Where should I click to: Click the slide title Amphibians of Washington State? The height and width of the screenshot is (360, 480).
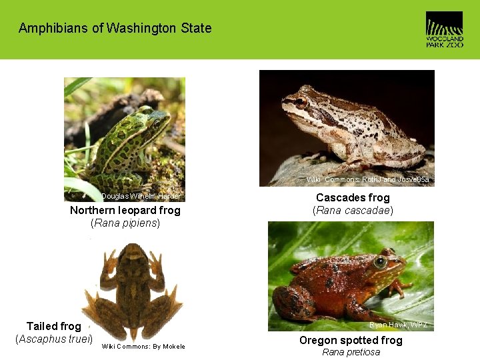click(x=115, y=28)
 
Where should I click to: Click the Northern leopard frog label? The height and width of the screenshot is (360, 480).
click(x=125, y=210)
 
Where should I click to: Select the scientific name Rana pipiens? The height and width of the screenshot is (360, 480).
click(x=125, y=223)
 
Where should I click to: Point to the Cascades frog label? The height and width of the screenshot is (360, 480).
click(x=353, y=197)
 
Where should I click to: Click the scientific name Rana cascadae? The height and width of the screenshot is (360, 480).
click(x=353, y=211)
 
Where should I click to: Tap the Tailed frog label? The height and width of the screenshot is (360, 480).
click(x=53, y=326)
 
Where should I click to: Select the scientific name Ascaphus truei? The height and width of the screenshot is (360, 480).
click(x=53, y=339)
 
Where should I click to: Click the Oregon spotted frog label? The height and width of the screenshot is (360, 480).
click(x=351, y=340)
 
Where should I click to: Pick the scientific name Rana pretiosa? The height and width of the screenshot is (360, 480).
click(x=351, y=352)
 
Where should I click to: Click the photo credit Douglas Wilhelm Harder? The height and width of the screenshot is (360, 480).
click(x=141, y=196)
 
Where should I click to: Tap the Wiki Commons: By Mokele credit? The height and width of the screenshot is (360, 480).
click(x=143, y=346)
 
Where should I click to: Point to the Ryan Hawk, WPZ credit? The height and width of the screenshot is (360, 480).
click(x=399, y=325)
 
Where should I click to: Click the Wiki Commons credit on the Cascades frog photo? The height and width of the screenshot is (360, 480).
click(x=367, y=179)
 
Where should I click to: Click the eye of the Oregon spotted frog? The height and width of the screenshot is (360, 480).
click(x=381, y=263)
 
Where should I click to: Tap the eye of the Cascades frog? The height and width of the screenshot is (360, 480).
click(x=301, y=103)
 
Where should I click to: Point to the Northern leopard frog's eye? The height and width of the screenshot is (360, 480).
click(x=158, y=123)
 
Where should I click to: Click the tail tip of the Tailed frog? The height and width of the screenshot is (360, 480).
click(x=133, y=337)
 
